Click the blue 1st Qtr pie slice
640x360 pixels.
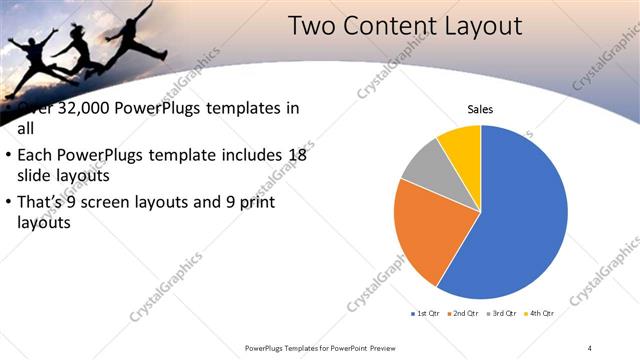(x=515, y=220)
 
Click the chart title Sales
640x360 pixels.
(x=480, y=109)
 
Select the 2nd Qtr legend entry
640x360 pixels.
(x=462, y=314)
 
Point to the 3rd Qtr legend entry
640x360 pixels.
(x=500, y=314)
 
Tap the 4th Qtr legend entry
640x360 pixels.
(x=538, y=314)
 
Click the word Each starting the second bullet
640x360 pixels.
(x=35, y=156)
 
